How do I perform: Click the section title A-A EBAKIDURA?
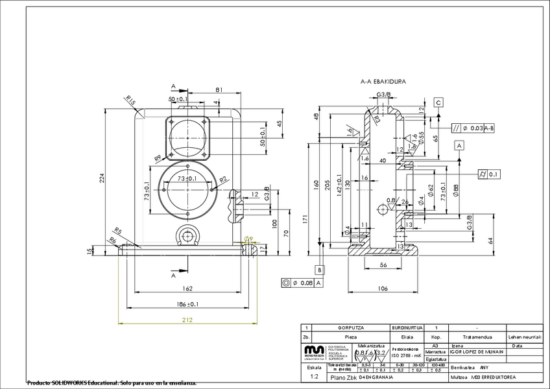click(x=383, y=82)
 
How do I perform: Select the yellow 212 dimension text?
click(x=187, y=319)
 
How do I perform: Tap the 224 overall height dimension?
click(x=102, y=180)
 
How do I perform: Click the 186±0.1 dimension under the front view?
click(x=187, y=303)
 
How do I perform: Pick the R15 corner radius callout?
click(x=130, y=101)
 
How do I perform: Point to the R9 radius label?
click(x=158, y=158)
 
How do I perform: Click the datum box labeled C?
click(x=439, y=102)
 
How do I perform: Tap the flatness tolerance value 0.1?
click(x=494, y=174)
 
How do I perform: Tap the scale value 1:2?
click(x=315, y=376)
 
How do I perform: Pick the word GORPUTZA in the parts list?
click(x=350, y=328)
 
